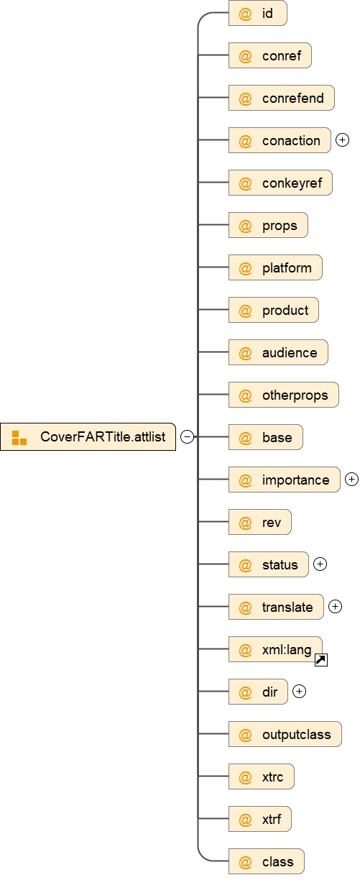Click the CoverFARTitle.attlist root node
[88, 436]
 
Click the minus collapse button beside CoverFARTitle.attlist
[187, 436]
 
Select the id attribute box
[258, 14]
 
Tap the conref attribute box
[270, 56]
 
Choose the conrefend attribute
[282, 98]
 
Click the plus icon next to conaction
[342, 140]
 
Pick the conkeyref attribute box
[280, 183]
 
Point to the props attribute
[268, 225]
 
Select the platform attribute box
[275, 267]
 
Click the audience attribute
[278, 352]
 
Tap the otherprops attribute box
[283, 395]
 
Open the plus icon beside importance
[351, 480]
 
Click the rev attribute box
[260, 522]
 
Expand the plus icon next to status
[320, 564]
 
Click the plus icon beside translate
[335, 607]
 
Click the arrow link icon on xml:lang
[321, 660]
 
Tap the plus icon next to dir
[300, 692]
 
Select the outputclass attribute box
[285, 734]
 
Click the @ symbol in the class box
[245, 861]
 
